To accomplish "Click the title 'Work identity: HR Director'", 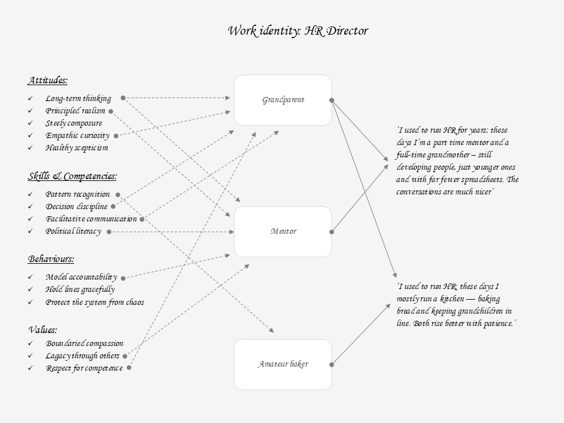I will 298,31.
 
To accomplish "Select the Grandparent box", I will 283,100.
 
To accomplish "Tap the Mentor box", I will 283,231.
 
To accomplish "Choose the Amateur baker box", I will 283,364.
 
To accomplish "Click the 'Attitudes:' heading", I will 48,80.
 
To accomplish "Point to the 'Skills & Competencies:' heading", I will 72,176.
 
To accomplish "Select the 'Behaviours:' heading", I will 51,259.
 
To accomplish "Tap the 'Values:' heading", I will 43,330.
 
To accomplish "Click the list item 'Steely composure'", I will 73,123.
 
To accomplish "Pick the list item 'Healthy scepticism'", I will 76,148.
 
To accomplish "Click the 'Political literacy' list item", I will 73,231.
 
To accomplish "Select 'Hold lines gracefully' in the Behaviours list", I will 80,290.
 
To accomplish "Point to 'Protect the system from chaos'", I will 95,303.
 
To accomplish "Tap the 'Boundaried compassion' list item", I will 85,344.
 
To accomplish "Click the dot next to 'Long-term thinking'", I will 123,98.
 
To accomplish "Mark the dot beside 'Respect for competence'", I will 129,368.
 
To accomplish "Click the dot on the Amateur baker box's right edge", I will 332,364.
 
